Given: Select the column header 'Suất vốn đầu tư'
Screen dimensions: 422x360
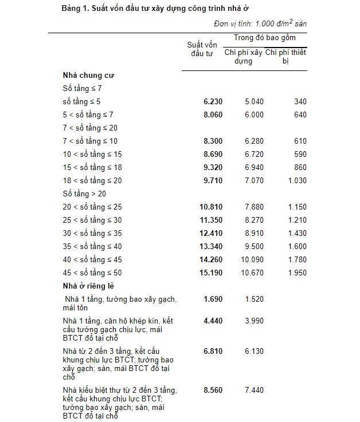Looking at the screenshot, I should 202,49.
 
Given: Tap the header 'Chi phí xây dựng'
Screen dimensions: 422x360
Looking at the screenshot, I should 243,57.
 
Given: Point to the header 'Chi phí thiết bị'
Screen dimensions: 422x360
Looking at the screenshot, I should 286,57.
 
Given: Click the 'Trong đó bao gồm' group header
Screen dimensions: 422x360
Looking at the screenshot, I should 264,37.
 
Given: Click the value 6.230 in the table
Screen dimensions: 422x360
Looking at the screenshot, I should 213,102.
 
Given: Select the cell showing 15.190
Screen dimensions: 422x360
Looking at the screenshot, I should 210,273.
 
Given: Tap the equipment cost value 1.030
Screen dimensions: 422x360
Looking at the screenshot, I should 296,181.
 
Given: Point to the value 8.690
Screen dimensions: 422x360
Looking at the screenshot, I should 213,155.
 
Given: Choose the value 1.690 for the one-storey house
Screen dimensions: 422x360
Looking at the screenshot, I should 213,299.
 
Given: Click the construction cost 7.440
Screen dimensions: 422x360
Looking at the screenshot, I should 254,390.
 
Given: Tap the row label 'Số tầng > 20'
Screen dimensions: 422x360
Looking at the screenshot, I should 84,194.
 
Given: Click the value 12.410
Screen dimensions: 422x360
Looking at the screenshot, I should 210,233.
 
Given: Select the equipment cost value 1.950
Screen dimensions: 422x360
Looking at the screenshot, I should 296,273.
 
